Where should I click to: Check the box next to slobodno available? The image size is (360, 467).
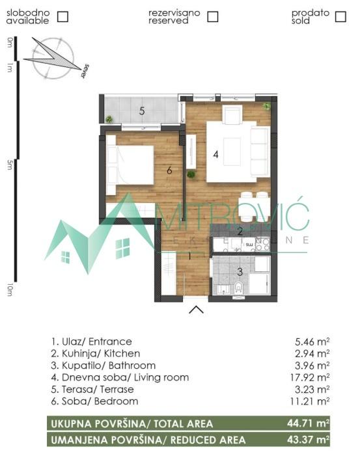(63, 16)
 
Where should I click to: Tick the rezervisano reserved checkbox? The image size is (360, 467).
(213, 16)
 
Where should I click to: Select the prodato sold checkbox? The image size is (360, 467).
(340, 16)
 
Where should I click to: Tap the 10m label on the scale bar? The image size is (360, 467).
(10, 290)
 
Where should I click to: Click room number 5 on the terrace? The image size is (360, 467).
(141, 111)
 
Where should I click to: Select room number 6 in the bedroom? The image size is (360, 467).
(169, 170)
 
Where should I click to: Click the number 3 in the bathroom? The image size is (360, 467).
(239, 272)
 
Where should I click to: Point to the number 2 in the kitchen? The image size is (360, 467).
(240, 231)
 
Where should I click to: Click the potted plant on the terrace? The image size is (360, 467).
(109, 119)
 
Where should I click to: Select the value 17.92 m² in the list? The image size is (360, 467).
(312, 377)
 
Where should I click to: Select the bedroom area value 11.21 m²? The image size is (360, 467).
(312, 401)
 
